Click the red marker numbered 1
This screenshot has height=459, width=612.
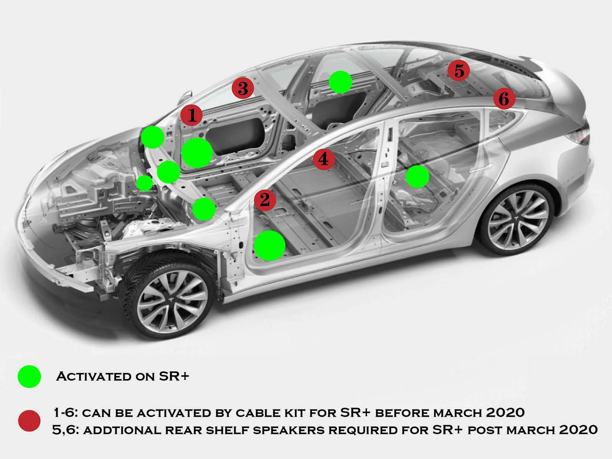pyautogui.click(x=191, y=115)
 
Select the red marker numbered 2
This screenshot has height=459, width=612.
pyautogui.click(x=265, y=200)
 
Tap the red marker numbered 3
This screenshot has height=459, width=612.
pyautogui.click(x=243, y=88)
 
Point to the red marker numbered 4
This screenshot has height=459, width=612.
pyautogui.click(x=324, y=159)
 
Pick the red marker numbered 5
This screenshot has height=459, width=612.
pyautogui.click(x=459, y=71)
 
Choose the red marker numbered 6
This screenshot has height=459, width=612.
pyautogui.click(x=504, y=99)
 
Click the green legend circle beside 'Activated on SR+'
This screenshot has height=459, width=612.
pyautogui.click(x=29, y=376)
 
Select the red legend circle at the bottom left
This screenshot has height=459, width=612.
pyautogui.click(x=29, y=421)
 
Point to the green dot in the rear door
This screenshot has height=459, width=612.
pyautogui.click(x=418, y=176)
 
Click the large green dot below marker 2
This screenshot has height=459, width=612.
pyautogui.click(x=269, y=245)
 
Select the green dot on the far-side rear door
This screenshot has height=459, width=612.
pyautogui.click(x=340, y=82)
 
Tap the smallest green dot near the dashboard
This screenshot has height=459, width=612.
pyautogui.click(x=144, y=183)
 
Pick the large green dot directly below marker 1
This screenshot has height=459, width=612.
pyautogui.click(x=197, y=152)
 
